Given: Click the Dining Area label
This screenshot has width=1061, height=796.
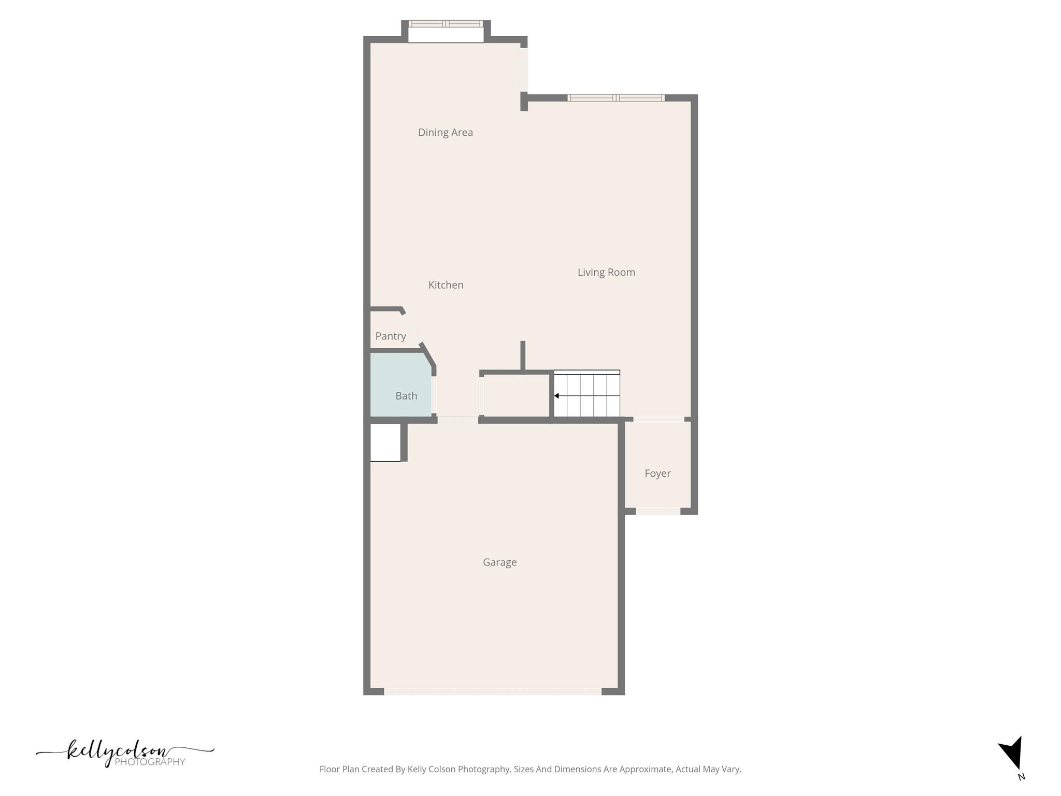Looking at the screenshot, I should [x=445, y=133].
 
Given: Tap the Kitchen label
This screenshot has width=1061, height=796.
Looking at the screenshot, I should [x=446, y=285].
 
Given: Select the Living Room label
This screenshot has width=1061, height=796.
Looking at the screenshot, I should [x=606, y=272].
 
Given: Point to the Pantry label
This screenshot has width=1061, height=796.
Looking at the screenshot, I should [x=391, y=336].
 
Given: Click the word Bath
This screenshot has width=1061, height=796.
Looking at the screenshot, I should [x=406, y=396].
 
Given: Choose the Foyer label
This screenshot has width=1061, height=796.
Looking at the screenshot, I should [x=657, y=473].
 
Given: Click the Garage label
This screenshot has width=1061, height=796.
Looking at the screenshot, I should [x=499, y=562].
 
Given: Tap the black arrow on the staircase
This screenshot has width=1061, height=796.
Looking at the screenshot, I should [x=556, y=396].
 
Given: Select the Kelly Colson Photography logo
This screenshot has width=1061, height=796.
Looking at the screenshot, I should [x=124, y=754].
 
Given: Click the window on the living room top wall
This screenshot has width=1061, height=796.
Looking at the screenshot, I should [x=615, y=98].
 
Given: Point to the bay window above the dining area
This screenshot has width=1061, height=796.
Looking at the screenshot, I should [x=446, y=24].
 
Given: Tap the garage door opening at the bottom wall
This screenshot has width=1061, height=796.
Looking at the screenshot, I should [x=492, y=691].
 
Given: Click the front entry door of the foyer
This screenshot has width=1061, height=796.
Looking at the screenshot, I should [x=657, y=511].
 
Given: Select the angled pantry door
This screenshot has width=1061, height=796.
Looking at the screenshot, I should [x=413, y=328].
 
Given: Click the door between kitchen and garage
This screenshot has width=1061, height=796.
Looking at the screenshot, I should [x=457, y=420].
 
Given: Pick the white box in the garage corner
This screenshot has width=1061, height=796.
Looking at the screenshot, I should [x=385, y=443].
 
